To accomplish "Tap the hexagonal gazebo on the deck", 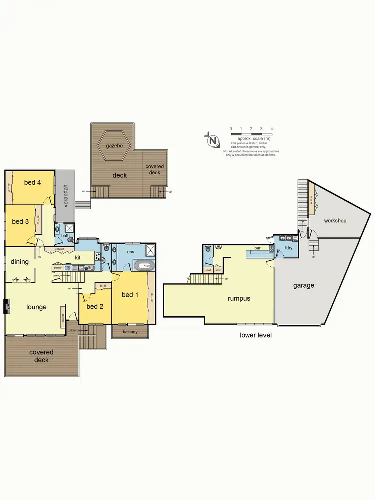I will click(x=114, y=146).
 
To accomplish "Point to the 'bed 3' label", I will click(x=20, y=222).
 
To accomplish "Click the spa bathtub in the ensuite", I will click(x=144, y=266).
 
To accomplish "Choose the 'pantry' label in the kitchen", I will click(x=57, y=268).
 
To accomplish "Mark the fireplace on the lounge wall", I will click(x=7, y=305).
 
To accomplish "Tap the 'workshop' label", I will click(x=335, y=220).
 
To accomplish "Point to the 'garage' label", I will click(x=304, y=286).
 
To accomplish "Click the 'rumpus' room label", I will click(x=239, y=298).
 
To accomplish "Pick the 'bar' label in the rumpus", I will click(x=258, y=248).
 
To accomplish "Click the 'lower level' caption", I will click(x=256, y=335).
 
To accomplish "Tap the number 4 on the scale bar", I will click(x=271, y=129).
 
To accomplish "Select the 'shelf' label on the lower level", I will click(x=208, y=270).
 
